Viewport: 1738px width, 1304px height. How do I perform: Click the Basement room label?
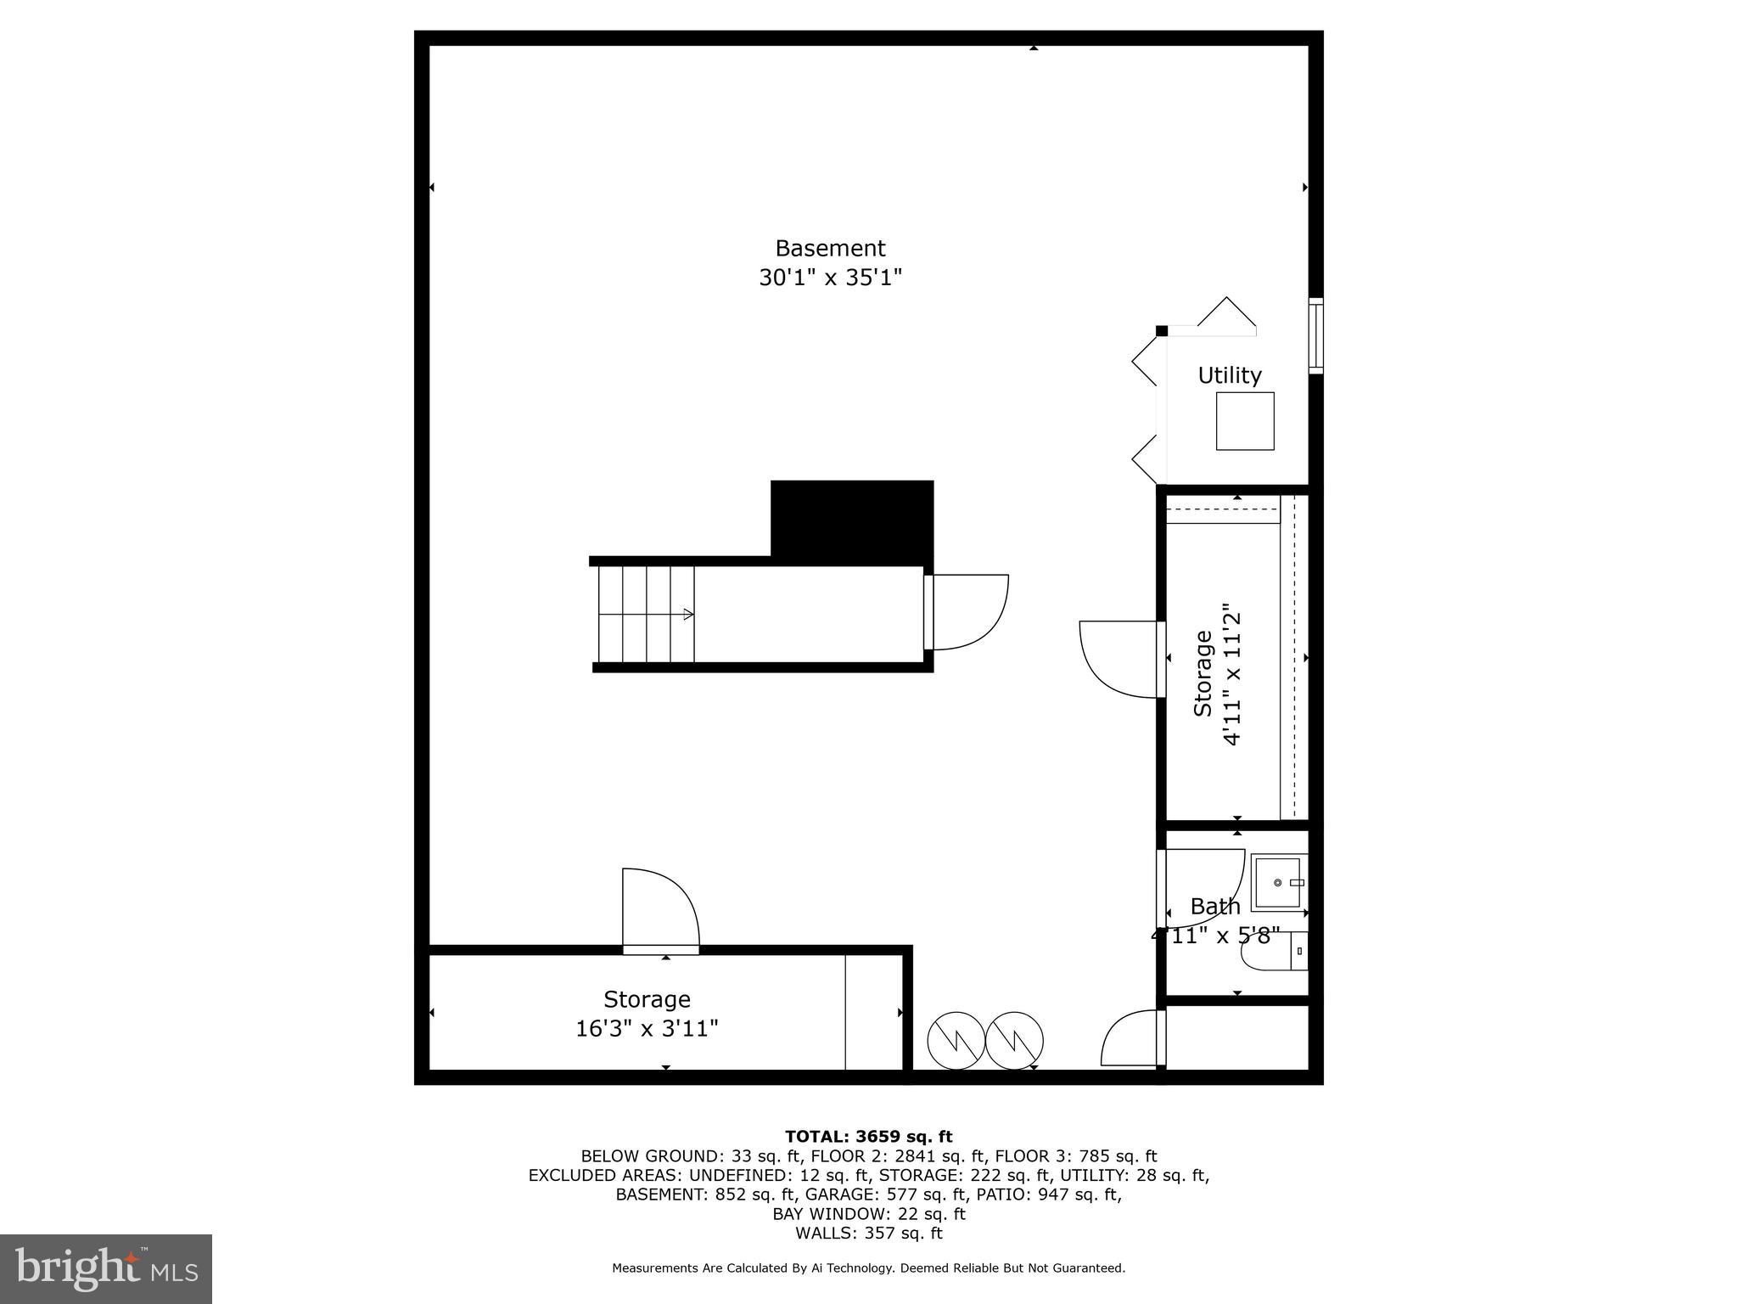830,248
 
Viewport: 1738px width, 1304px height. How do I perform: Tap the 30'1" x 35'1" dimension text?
830,278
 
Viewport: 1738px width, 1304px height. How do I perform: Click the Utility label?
1229,375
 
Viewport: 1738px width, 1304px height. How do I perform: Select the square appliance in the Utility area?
1244,421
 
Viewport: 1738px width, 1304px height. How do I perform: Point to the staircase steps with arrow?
646,614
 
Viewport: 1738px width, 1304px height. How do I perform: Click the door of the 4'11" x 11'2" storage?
1118,659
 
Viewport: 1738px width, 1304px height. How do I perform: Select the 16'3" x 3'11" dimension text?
647,1029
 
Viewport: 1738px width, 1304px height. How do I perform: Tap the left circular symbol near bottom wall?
956,1040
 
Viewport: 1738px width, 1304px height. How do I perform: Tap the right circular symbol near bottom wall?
1014,1040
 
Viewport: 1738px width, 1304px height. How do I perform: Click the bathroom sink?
1277,883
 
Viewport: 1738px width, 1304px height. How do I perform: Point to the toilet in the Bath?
1273,953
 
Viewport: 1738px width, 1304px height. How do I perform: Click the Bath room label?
1214,907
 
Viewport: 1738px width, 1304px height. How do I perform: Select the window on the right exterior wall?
1315,335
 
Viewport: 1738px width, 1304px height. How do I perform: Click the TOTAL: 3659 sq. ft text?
868,1137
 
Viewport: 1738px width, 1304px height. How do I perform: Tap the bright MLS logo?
106,1268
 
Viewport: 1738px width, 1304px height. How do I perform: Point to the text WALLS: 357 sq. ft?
868,1234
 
